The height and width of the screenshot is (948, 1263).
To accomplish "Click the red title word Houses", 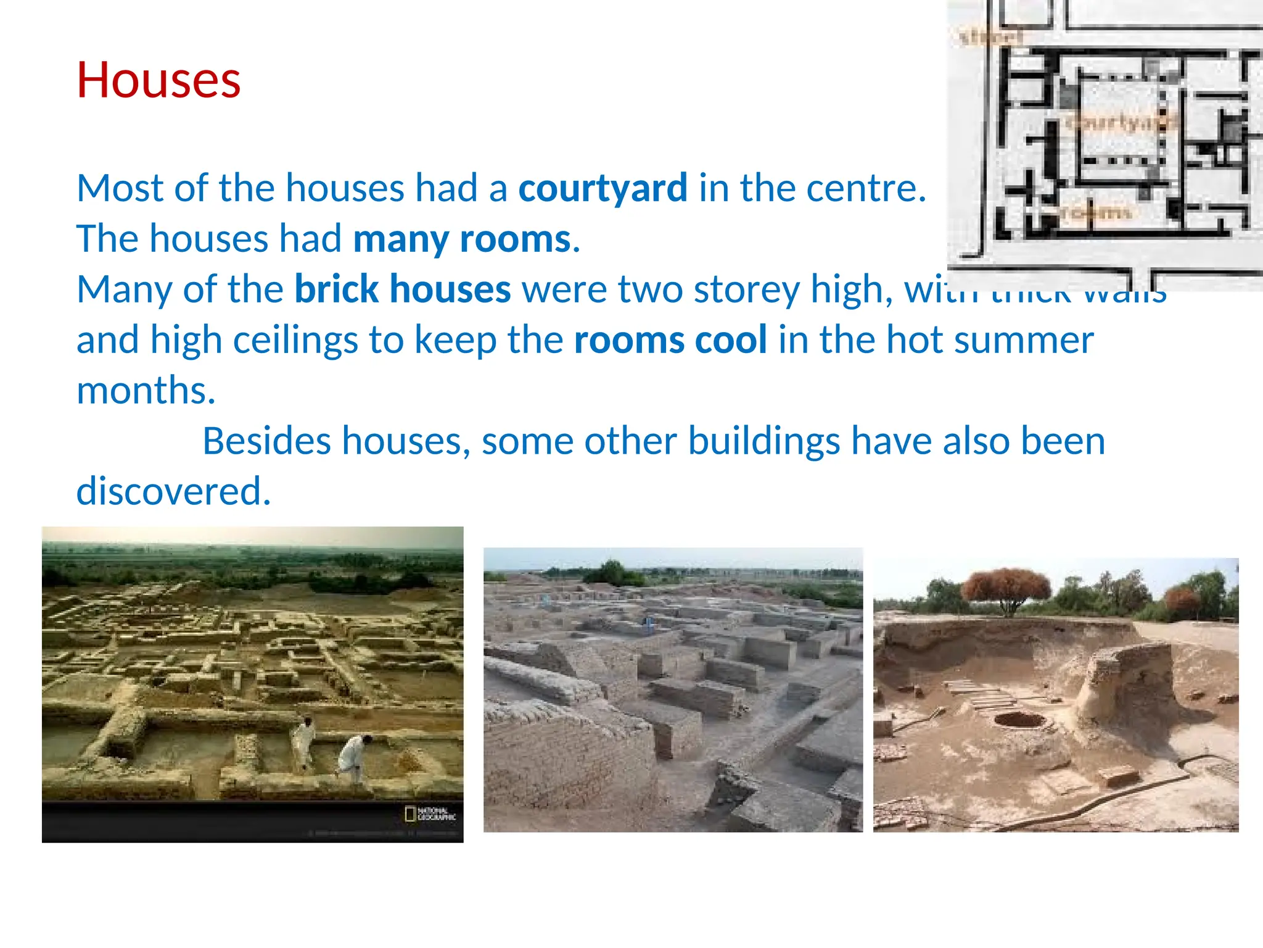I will (x=158, y=80).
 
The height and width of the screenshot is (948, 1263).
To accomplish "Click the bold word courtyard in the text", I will (x=603, y=188).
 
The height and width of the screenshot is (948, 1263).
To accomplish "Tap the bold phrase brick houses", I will (x=403, y=289).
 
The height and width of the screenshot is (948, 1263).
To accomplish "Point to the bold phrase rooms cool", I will (x=670, y=340).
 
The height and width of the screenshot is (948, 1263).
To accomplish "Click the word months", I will (x=146, y=391).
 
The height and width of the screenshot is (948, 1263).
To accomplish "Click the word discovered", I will (x=173, y=492).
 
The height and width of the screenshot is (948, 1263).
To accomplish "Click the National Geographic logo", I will (x=430, y=814).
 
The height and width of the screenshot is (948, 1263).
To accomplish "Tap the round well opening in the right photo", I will (x=1020, y=719).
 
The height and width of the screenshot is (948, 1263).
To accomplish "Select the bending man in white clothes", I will (x=354, y=756).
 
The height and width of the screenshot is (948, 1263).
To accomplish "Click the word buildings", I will (x=763, y=441).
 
